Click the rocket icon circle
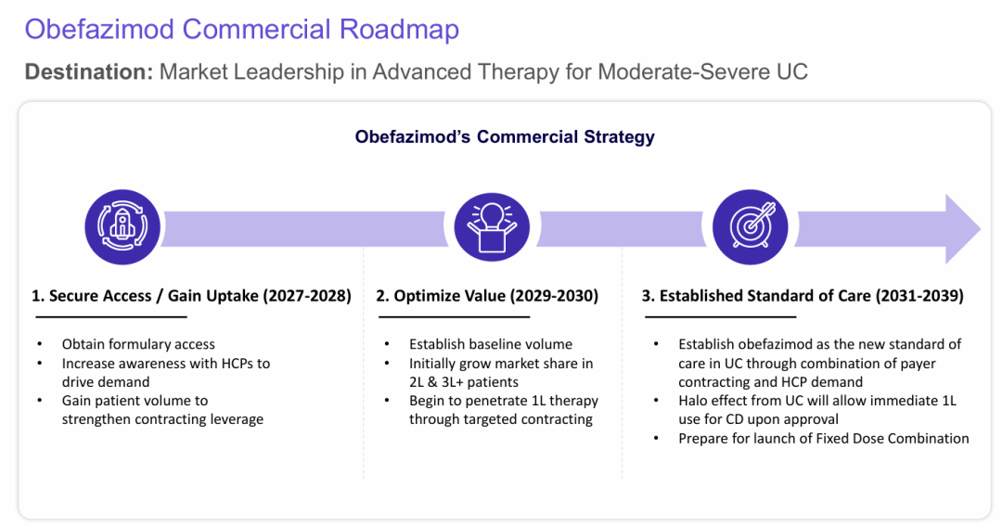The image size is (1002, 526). [x=122, y=227]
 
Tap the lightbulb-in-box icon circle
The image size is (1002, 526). [x=492, y=227]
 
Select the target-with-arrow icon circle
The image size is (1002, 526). [x=751, y=227]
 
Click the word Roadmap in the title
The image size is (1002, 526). [x=399, y=30]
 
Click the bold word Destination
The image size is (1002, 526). [x=89, y=71]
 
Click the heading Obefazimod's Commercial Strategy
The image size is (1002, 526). [x=505, y=136]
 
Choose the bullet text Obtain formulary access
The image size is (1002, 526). [x=138, y=344]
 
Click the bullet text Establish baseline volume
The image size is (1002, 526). [x=491, y=344]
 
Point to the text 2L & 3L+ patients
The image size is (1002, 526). [x=464, y=382]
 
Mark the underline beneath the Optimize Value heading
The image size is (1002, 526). [x=454, y=316]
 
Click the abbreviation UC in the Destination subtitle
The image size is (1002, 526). [x=792, y=71]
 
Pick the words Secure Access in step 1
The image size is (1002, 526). [x=99, y=296]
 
